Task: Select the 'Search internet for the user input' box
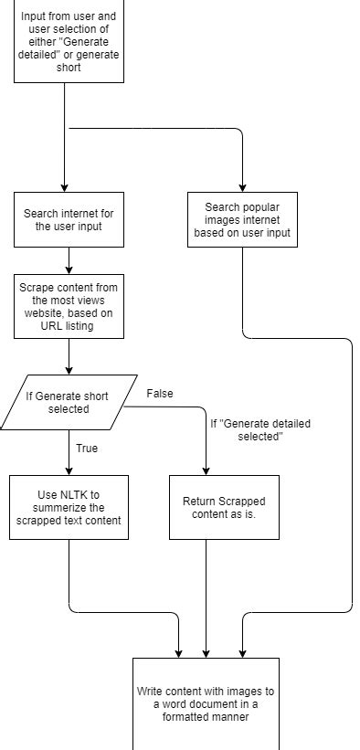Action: pyautogui.click(x=69, y=219)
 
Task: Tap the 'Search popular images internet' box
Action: pyautogui.click(x=242, y=219)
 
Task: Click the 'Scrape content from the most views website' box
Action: pyautogui.click(x=69, y=306)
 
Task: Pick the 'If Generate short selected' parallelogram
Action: pyautogui.click(x=69, y=402)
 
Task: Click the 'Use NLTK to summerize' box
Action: pyautogui.click(x=69, y=507)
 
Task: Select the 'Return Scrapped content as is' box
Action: pyautogui.click(x=224, y=507)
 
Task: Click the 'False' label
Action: pyautogui.click(x=159, y=394)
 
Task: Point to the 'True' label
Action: pyautogui.click(x=87, y=449)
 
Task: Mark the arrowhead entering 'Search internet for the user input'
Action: pyautogui.click(x=69, y=187)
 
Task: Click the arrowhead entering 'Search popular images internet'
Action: pyautogui.click(x=242, y=187)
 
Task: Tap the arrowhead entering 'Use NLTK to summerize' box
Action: pyautogui.click(x=69, y=470)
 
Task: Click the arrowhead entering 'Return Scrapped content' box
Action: pyautogui.click(x=206, y=470)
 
